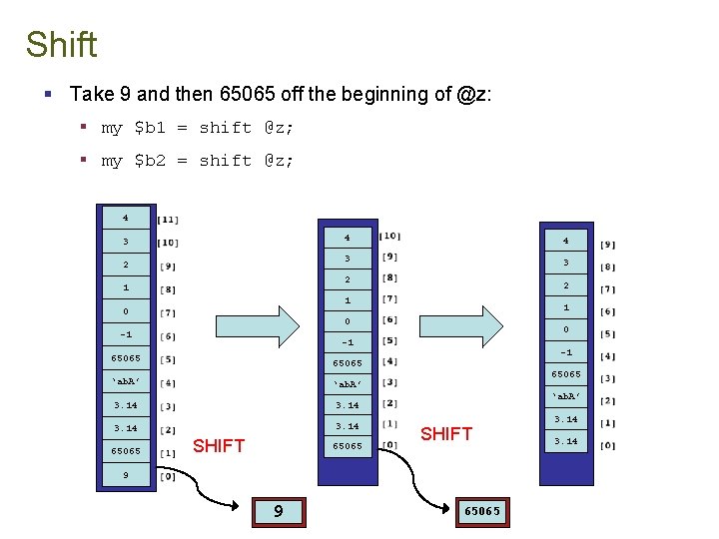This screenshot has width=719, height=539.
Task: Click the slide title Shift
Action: coord(61,45)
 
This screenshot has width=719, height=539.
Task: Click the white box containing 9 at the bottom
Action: coord(278,512)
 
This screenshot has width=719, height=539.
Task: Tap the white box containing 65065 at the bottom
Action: coord(481,511)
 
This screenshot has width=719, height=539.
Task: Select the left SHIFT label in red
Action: coord(219,446)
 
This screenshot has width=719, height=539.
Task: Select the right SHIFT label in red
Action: coord(446,433)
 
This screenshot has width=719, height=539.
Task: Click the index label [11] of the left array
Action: coord(168,220)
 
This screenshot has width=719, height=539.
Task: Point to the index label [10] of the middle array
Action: coord(390,237)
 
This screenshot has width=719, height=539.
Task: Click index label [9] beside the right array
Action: coord(608,245)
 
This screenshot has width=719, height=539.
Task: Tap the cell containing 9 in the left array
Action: coord(126,475)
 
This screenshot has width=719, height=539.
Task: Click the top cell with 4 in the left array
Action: coord(126,217)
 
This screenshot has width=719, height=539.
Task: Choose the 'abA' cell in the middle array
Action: coord(347,384)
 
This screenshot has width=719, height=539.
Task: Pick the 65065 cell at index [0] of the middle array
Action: coord(347,446)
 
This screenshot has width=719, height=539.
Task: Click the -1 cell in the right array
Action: coord(565,352)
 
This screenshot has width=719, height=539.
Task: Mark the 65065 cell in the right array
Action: coord(565,375)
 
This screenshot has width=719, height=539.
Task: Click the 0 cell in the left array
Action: coord(126,311)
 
